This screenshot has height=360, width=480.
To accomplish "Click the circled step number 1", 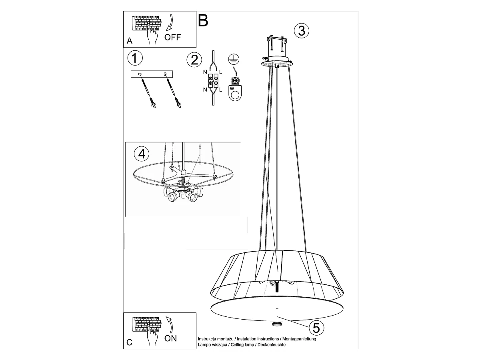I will coord(135,58).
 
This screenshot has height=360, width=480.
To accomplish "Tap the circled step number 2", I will coord(194,60).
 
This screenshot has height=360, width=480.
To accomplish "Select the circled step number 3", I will coord(302,31).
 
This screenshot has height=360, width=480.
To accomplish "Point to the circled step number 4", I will coord(142,154).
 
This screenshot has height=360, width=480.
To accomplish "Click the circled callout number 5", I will coord(316,328).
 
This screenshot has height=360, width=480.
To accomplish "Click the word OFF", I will coord(173,38).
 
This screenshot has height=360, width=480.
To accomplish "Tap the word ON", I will coord(171,338).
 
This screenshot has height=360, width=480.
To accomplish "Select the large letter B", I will coord(203,20).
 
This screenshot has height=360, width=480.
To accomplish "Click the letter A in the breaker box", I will coord(129,41).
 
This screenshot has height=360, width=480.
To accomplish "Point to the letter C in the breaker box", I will coord(129,342).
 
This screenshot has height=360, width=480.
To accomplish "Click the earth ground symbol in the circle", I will coord(232,60).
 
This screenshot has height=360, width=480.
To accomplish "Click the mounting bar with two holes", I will coord(152,74).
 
